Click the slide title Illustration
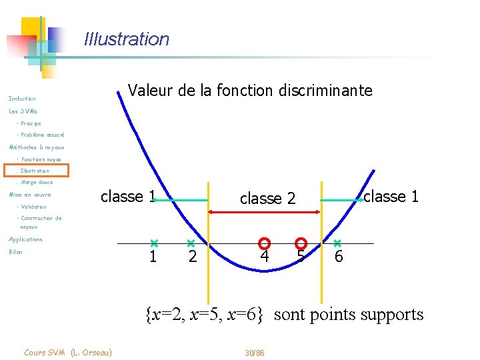(127, 39)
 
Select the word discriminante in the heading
(323, 90)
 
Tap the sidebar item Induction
(22, 99)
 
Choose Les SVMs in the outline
(23, 111)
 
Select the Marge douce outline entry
(37, 182)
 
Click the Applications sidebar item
(25, 239)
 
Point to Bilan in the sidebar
(15, 252)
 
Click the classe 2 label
(267, 199)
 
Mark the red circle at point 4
(264, 243)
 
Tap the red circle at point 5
(301, 243)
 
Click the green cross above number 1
(153, 243)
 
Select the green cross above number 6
(337, 243)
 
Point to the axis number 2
(193, 257)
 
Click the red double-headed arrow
(265, 212)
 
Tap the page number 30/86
(255, 352)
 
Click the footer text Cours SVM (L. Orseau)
(67, 352)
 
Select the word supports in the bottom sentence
(390, 314)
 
